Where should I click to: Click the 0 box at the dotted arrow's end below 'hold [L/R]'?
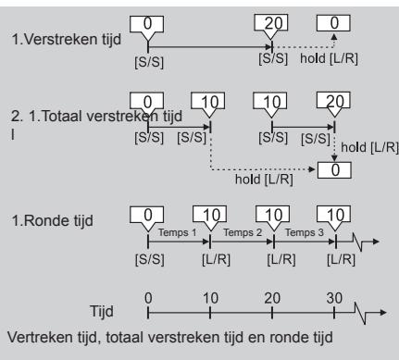pyautogui.click(x=334, y=170)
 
